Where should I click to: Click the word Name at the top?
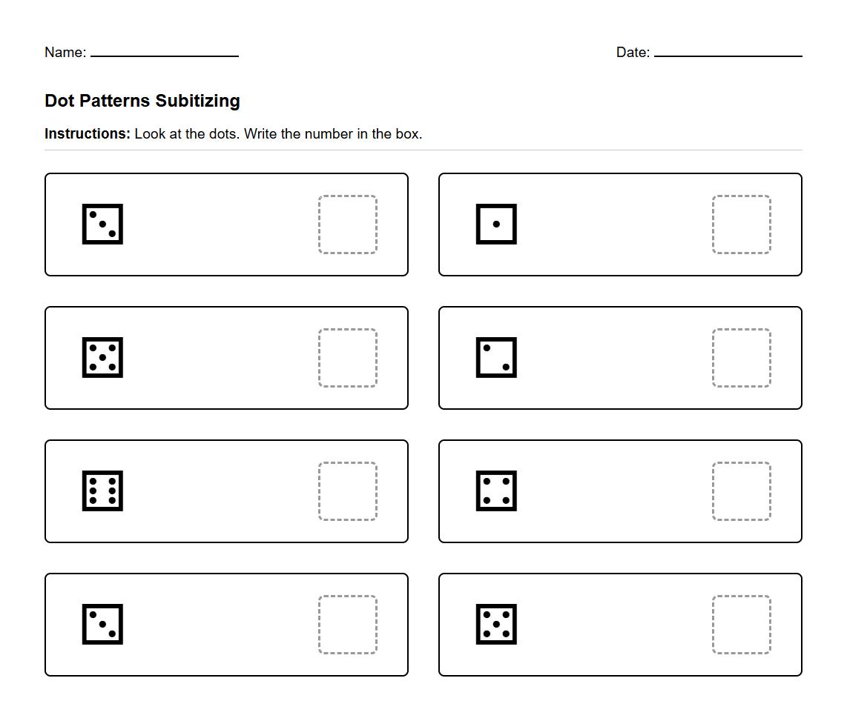(x=63, y=53)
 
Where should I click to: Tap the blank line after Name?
(x=165, y=53)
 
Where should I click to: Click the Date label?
(x=632, y=53)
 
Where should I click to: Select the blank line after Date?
(x=728, y=53)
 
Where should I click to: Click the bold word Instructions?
(x=87, y=134)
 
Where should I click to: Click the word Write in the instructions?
(x=260, y=134)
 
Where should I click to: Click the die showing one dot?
(x=496, y=224)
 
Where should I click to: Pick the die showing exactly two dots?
(x=496, y=357)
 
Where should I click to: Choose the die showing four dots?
(x=496, y=491)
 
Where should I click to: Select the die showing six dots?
(x=102, y=491)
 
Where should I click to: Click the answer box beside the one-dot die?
(x=741, y=225)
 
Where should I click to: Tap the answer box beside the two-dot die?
(x=741, y=358)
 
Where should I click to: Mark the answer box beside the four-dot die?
(x=741, y=491)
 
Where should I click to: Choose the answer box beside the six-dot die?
(x=347, y=491)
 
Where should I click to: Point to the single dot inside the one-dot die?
(x=496, y=224)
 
